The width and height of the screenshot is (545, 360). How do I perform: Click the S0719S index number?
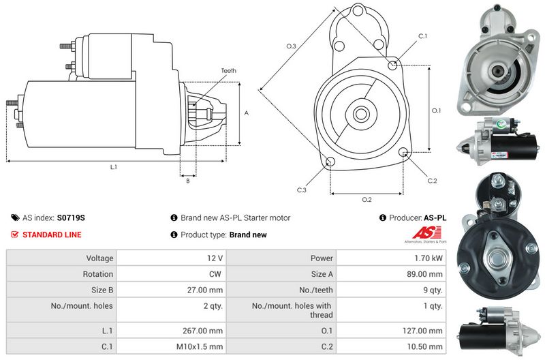pyautogui.click(x=71, y=218)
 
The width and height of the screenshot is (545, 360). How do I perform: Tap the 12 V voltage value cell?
pyautogui.click(x=215, y=258)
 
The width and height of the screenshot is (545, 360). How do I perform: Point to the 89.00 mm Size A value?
pyautogui.click(x=426, y=274)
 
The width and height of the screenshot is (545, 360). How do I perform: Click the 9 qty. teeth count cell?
pyautogui.click(x=432, y=290)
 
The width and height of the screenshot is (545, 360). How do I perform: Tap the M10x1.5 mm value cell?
pyautogui.click(x=202, y=346)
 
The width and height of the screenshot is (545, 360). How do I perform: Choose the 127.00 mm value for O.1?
pyautogui.click(x=424, y=330)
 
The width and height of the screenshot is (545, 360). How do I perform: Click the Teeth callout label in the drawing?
pyautogui.click(x=229, y=71)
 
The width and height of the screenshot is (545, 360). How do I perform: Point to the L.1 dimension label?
pyautogui.click(x=114, y=167)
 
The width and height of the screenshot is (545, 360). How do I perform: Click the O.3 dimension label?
pyautogui.click(x=290, y=46)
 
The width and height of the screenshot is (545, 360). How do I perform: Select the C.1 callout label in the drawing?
pyautogui.click(x=422, y=35)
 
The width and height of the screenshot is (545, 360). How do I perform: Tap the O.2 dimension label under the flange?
pyautogui.click(x=367, y=199)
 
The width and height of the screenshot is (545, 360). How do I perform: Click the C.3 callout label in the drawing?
pyautogui.click(x=301, y=190)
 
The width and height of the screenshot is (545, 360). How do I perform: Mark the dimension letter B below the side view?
pyautogui.click(x=187, y=180)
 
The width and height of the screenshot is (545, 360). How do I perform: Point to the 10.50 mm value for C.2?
pyautogui.click(x=426, y=346)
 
